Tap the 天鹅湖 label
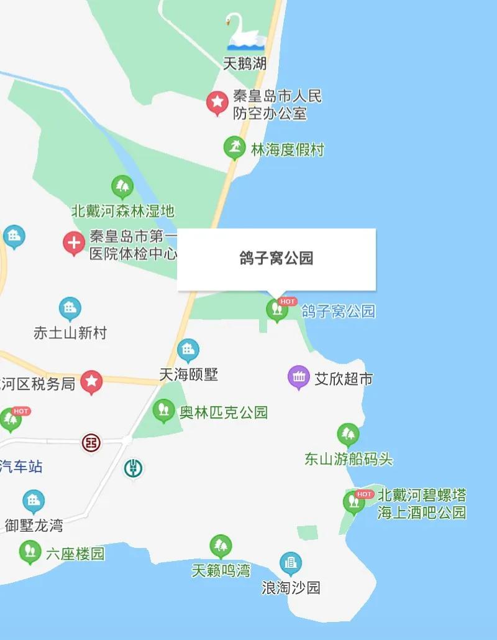click(245, 63)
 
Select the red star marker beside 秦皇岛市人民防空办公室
click(217, 102)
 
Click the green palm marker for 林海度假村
click(234, 147)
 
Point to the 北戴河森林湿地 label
click(124, 211)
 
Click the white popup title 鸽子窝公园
click(276, 259)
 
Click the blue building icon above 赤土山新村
click(70, 308)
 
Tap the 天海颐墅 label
click(189, 374)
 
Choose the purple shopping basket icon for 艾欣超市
click(299, 376)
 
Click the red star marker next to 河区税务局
click(92, 381)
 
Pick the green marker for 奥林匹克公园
click(163, 409)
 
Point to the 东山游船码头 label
click(349, 460)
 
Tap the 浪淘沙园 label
click(291, 587)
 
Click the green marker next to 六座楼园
click(30, 551)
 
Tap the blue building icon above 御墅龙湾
click(34, 501)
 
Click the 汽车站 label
click(22, 466)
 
